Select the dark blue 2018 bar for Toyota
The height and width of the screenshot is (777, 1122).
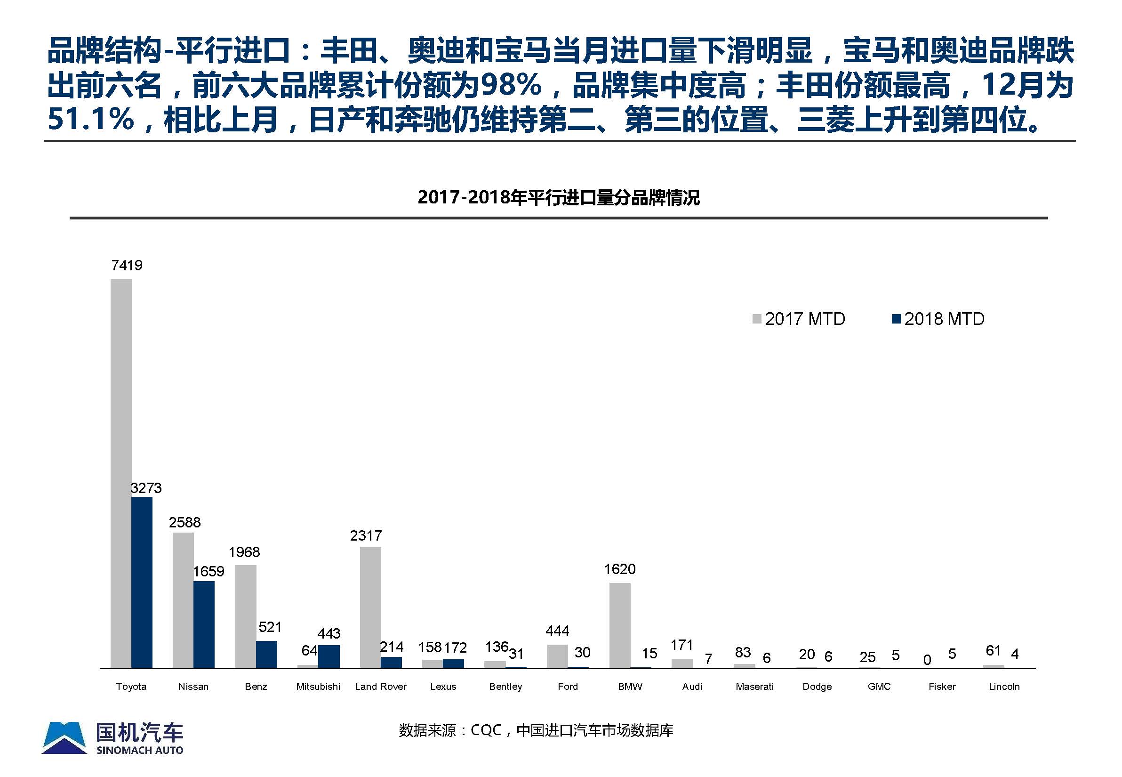click(x=142, y=582)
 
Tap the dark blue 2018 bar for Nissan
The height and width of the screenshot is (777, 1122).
click(x=204, y=624)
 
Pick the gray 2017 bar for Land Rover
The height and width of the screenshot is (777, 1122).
click(x=370, y=607)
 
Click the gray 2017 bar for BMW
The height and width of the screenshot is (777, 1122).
click(x=619, y=625)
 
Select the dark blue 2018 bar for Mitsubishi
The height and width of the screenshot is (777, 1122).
click(x=329, y=656)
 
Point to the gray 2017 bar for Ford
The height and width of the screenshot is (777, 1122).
click(x=557, y=656)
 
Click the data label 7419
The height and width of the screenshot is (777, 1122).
click(x=127, y=265)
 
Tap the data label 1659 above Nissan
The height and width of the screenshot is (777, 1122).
click(x=209, y=571)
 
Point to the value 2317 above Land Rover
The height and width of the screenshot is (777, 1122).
click(x=366, y=535)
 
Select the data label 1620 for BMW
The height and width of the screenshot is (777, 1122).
click(x=619, y=569)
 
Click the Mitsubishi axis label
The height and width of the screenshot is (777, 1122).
click(x=318, y=687)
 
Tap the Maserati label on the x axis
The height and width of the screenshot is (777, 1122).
click(x=754, y=687)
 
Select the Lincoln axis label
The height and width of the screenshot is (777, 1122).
click(x=1004, y=687)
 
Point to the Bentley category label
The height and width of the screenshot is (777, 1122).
click(x=505, y=687)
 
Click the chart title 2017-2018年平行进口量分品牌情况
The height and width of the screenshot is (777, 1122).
click(x=558, y=197)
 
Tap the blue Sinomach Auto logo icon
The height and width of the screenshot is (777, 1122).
click(x=64, y=737)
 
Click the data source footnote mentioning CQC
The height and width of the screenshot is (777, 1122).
click(x=536, y=730)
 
